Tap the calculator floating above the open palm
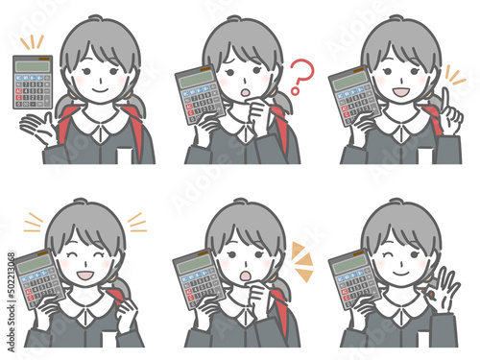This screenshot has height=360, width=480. [x=33, y=81]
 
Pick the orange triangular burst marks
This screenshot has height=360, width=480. [x=300, y=259]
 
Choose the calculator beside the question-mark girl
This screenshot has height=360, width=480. [x=199, y=96]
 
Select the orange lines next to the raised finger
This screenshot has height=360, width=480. [x=451, y=76]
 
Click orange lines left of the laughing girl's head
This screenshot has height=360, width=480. [x=35, y=222]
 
